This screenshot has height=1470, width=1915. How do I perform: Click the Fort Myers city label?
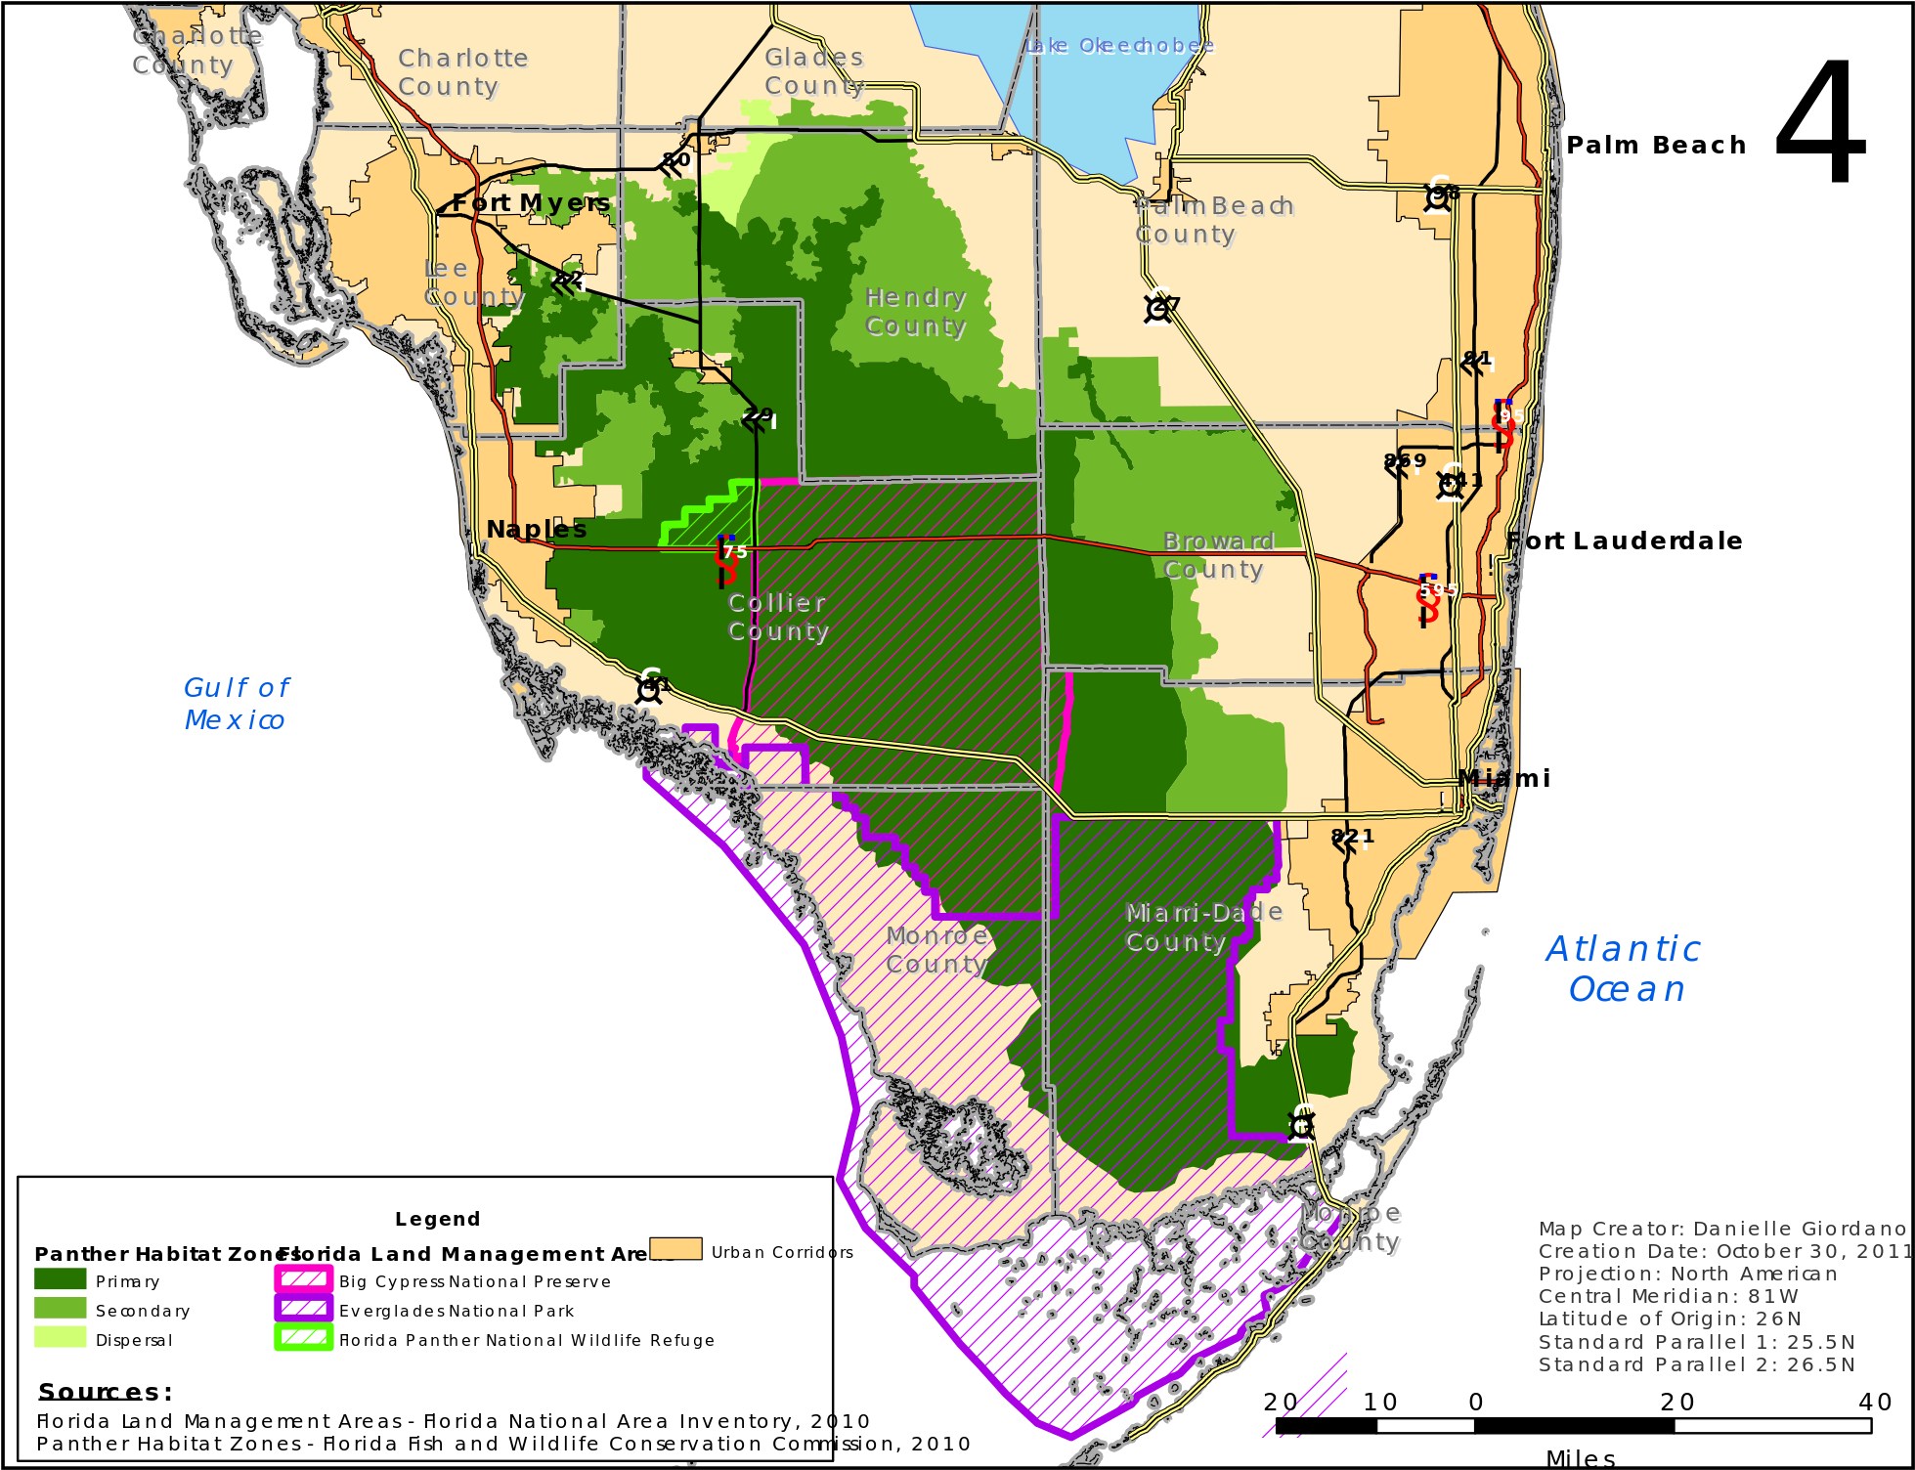(531, 203)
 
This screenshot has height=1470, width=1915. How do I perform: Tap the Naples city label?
(537, 530)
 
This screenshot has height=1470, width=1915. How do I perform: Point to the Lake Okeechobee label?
(1119, 46)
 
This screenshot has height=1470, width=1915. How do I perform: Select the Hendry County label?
(916, 312)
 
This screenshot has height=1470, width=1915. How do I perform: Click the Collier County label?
(778, 617)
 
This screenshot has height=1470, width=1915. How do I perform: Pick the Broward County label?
(1217, 555)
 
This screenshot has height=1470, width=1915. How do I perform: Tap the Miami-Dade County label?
(1203, 927)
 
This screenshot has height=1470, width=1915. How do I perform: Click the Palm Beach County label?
(1213, 220)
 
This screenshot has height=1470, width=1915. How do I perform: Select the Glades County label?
(814, 71)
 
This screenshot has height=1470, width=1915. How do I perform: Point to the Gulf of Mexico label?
(237, 704)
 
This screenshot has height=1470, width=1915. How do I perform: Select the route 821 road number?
(1352, 837)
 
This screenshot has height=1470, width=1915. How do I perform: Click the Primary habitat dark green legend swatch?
(61, 1279)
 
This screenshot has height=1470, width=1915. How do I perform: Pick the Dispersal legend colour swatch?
(61, 1338)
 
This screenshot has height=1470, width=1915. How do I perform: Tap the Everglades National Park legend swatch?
(304, 1309)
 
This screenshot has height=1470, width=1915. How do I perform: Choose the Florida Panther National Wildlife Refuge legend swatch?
(304, 1338)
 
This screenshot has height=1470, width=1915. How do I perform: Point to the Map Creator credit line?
(1721, 1229)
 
